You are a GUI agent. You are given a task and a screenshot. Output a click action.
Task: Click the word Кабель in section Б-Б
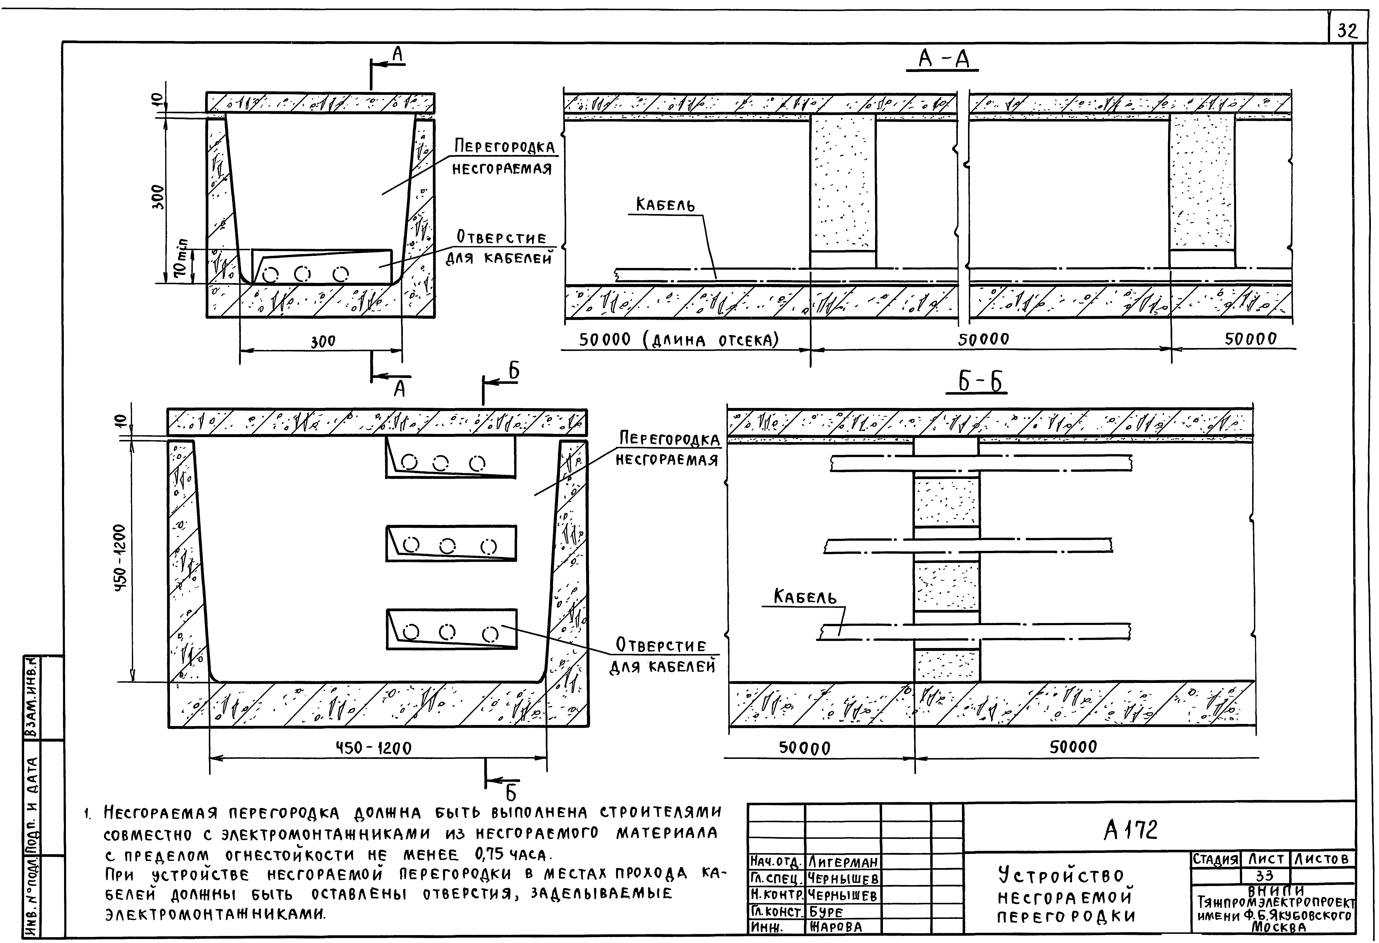pyautogui.click(x=805, y=596)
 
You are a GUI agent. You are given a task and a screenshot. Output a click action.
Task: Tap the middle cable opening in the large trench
pyautogui.click(x=451, y=543)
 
